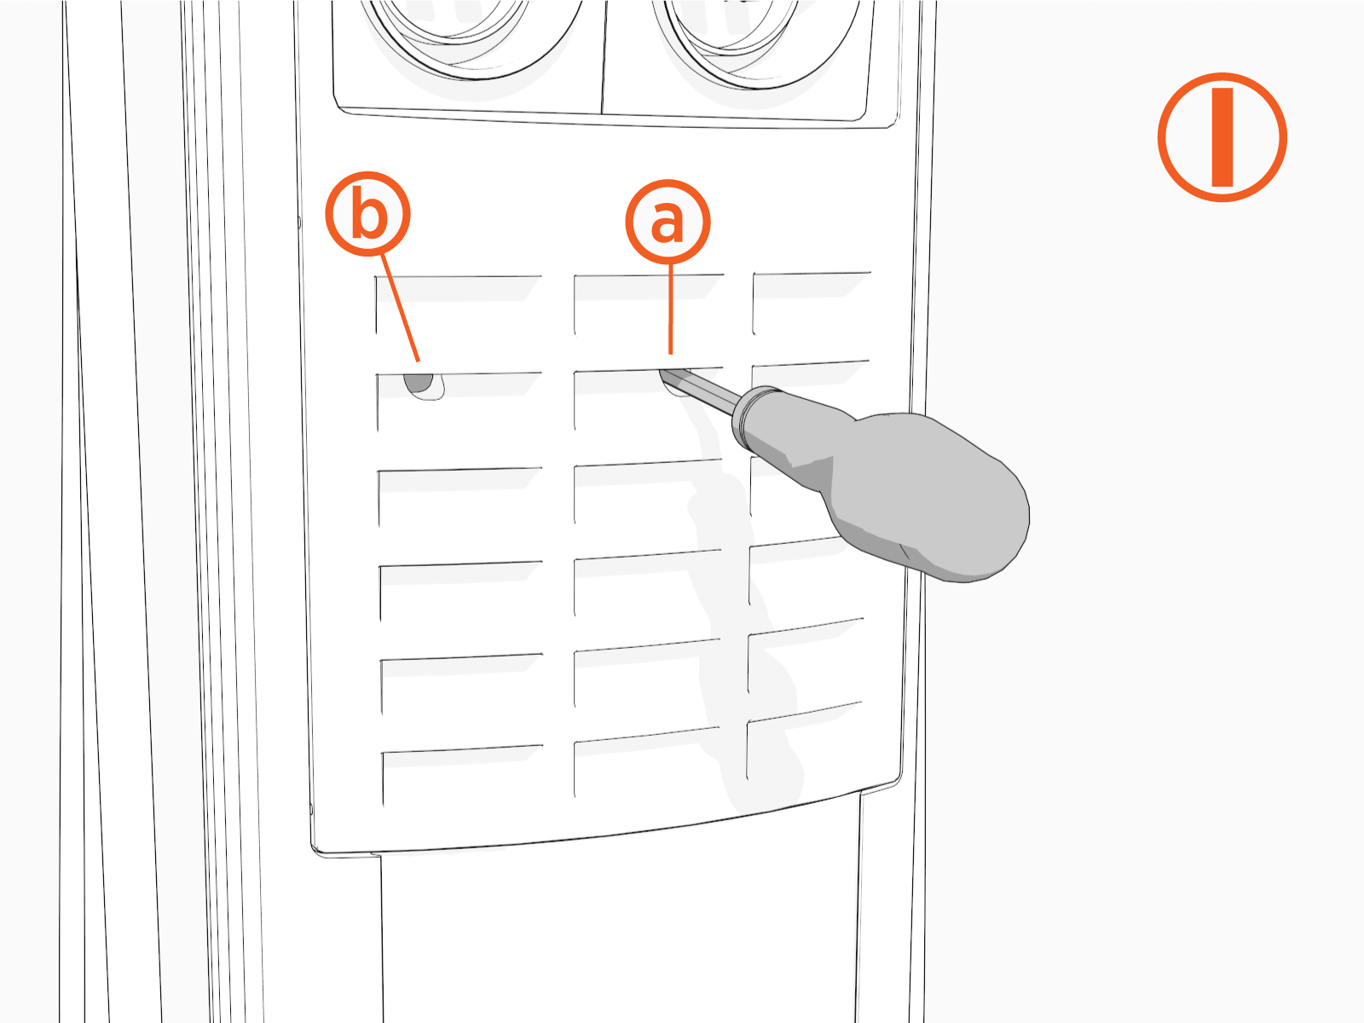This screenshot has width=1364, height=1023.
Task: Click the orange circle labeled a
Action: click(x=668, y=222)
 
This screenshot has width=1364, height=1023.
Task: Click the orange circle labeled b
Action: click(x=368, y=214)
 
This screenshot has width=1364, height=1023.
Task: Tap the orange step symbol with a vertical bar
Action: click(x=1222, y=137)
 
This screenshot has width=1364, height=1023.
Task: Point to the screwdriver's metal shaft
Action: click(x=699, y=385)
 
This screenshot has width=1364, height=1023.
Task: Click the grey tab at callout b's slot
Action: click(x=419, y=383)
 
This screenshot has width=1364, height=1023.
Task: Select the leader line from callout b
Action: click(x=400, y=308)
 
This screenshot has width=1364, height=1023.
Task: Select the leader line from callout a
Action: click(x=671, y=309)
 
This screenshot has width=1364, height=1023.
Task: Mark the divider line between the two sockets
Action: click(x=603, y=57)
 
